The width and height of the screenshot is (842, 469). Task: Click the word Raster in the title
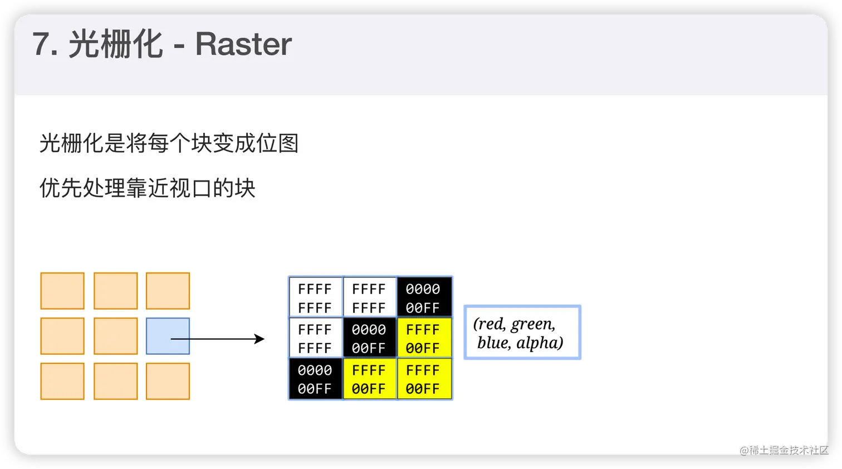[243, 44]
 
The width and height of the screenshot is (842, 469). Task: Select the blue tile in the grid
[168, 336]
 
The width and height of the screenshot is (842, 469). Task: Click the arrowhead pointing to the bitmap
[260, 339]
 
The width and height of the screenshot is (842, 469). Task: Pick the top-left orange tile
[62, 291]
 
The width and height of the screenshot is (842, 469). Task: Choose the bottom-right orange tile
[168, 381]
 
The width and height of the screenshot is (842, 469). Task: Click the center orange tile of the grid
[115, 336]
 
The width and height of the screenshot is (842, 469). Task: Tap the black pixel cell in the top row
[423, 297]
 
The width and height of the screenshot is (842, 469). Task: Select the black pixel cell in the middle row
[369, 338]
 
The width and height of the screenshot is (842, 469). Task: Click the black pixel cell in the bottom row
[315, 379]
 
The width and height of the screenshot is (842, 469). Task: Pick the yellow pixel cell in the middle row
[423, 338]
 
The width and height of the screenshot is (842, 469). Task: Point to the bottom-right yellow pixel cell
[423, 379]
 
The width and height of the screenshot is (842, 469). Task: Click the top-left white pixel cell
[315, 297]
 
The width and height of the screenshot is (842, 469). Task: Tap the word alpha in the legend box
[539, 343]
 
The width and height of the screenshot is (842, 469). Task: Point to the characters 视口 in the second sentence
[190, 188]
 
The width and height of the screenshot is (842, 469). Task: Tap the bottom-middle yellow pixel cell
[369, 379]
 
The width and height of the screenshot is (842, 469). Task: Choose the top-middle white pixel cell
[369, 297]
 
